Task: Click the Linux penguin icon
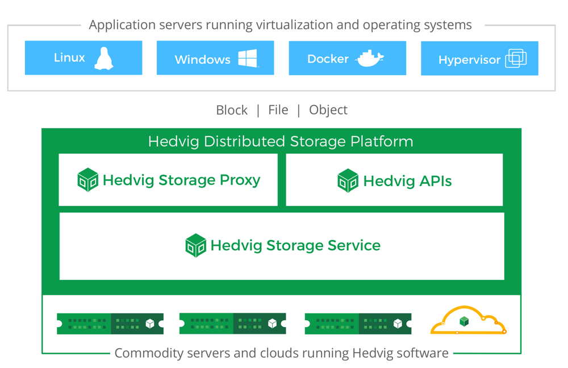pyautogui.click(x=103, y=58)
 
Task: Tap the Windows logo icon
pyautogui.click(x=248, y=58)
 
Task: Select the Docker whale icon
pyautogui.click(x=370, y=58)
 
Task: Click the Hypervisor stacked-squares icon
pyautogui.click(x=516, y=58)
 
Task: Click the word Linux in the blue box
pyautogui.click(x=69, y=57)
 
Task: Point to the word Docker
pyautogui.click(x=328, y=59)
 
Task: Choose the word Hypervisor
pyautogui.click(x=470, y=60)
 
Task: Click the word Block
pyautogui.click(x=232, y=110)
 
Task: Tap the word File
pyautogui.click(x=278, y=110)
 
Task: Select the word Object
pyautogui.click(x=328, y=110)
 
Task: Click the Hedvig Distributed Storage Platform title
pyautogui.click(x=281, y=141)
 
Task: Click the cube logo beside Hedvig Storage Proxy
pyautogui.click(x=87, y=179)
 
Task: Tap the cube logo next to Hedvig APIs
pyautogui.click(x=348, y=180)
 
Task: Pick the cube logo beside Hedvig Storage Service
pyautogui.click(x=195, y=245)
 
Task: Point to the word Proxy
pyautogui.click(x=240, y=180)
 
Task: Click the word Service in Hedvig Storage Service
pyautogui.click(x=354, y=245)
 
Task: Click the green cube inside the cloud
pyautogui.click(x=464, y=321)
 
